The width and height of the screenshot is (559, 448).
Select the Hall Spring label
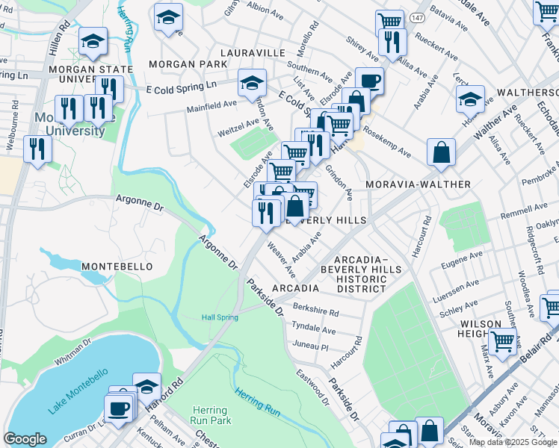click(x=220, y=317)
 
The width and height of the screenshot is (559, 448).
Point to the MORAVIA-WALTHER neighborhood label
click(x=418, y=184)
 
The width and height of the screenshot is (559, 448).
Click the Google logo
click(x=25, y=439)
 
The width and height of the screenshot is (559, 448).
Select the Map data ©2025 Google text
click(x=512, y=442)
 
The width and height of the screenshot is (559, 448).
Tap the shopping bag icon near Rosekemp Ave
click(x=442, y=152)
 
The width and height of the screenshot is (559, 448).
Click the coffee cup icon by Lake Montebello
click(x=118, y=408)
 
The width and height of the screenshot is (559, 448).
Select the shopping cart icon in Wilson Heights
click(x=504, y=340)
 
